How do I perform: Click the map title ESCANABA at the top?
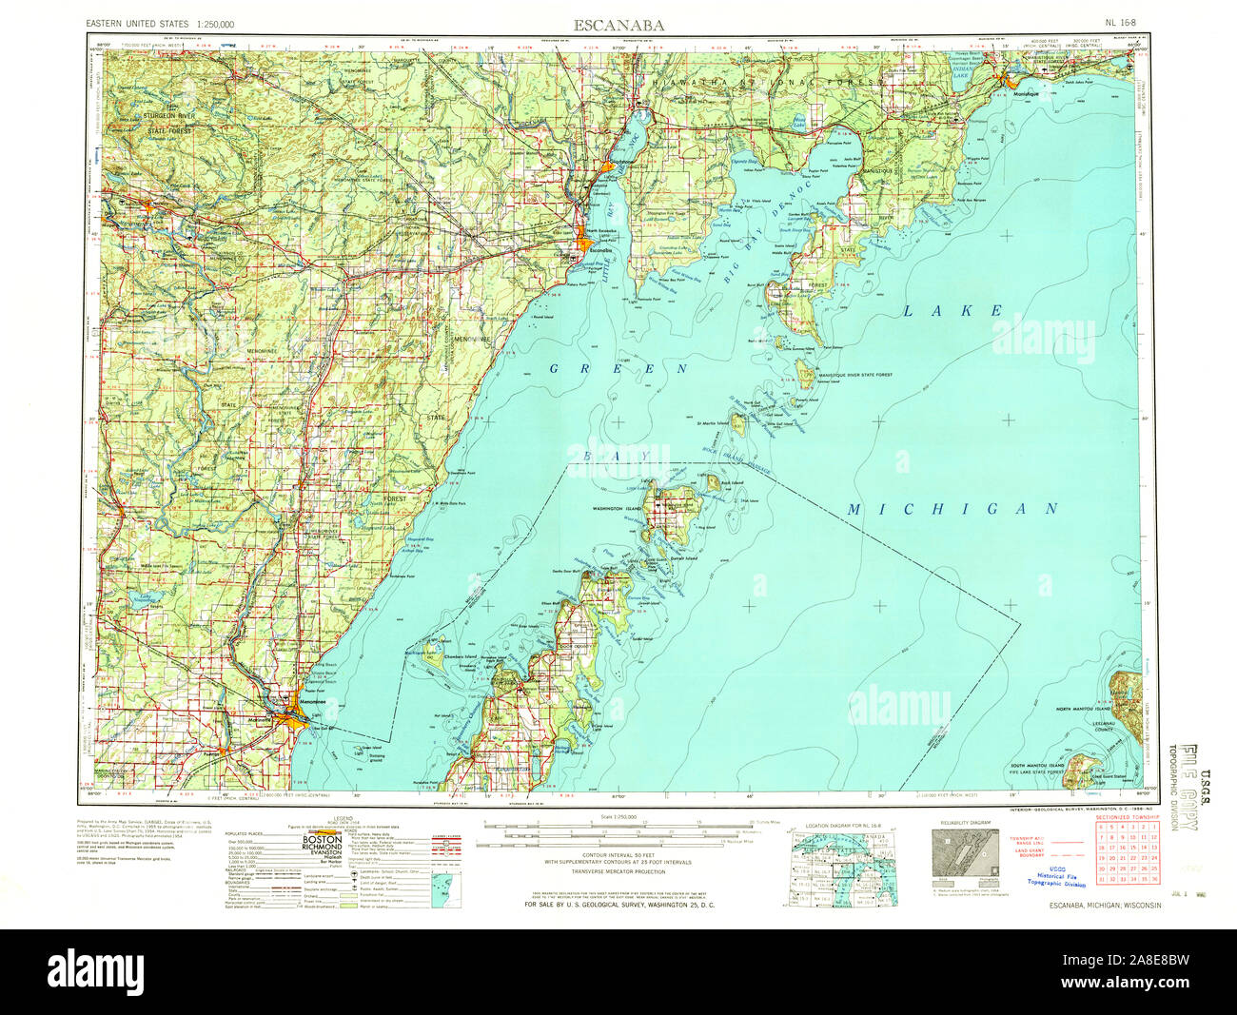click(618, 24)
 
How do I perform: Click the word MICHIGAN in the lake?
click(952, 510)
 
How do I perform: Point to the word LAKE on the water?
click(952, 311)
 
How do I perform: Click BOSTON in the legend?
click(322, 840)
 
